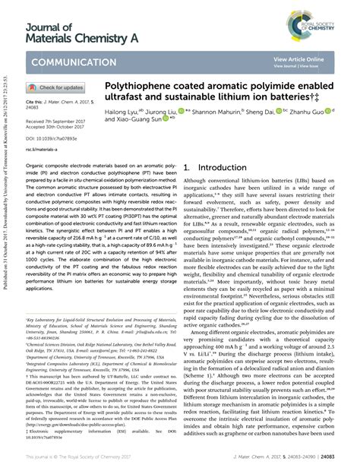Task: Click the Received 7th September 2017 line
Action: (57, 121)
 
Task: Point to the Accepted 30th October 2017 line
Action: (55, 127)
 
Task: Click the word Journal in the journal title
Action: (43, 27)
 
